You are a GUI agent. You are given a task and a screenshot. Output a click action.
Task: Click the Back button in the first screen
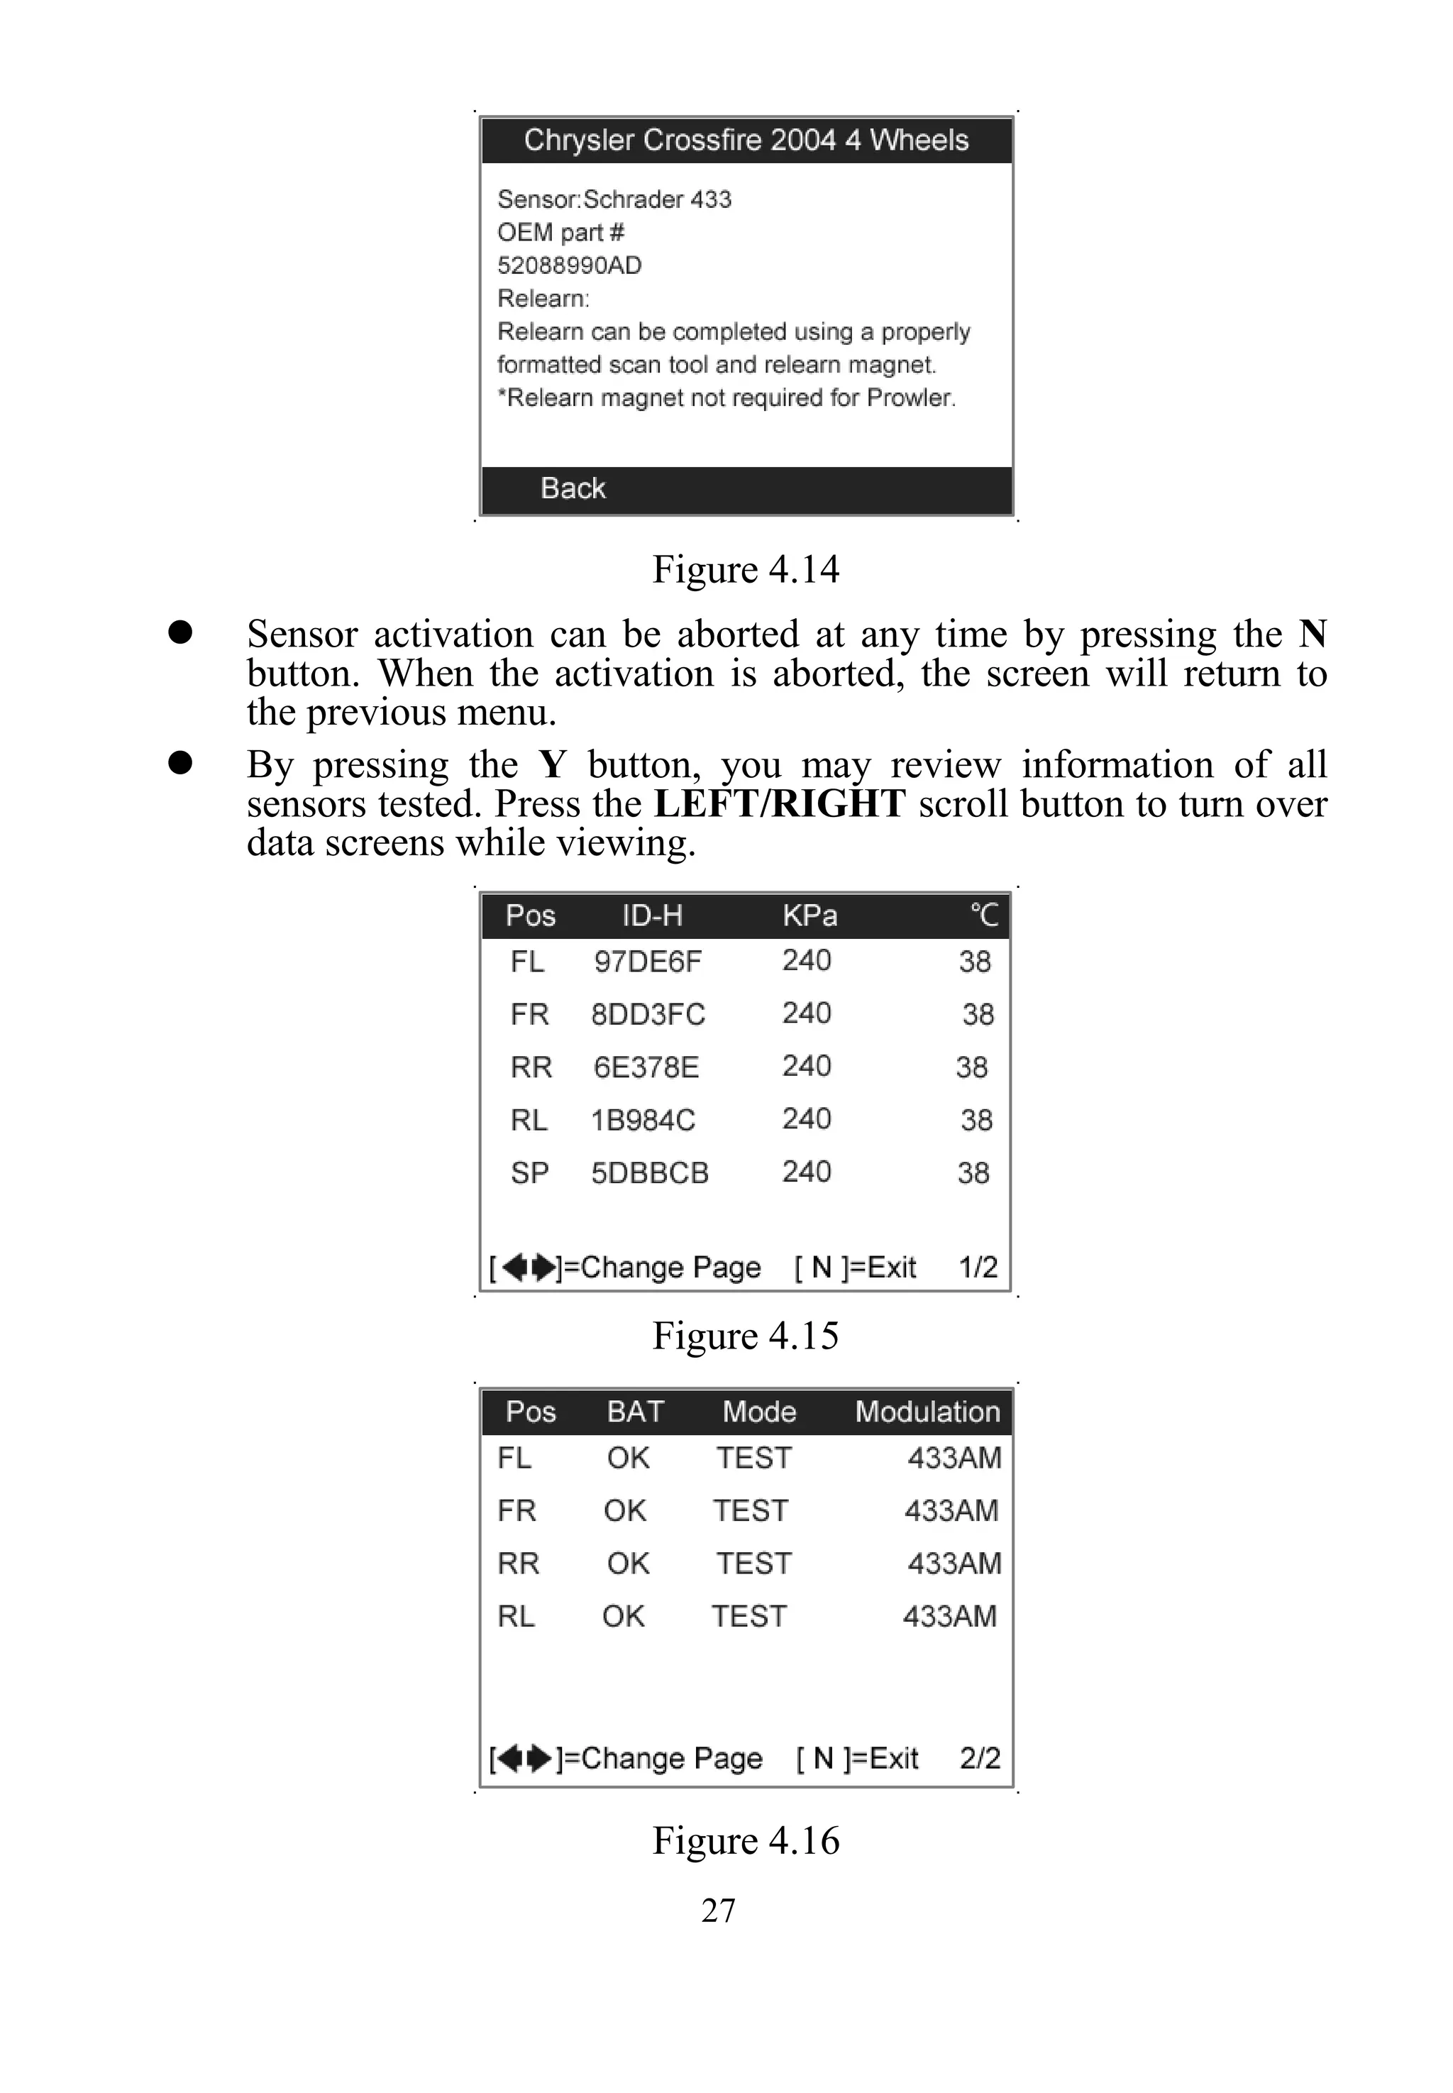[573, 489]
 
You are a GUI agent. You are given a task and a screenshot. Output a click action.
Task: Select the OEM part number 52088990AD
[569, 266]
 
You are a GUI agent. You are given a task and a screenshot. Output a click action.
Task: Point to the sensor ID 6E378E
[646, 1067]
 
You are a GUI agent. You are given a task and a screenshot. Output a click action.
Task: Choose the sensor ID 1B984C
[643, 1120]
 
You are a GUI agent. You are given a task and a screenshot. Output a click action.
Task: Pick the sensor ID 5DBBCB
[649, 1173]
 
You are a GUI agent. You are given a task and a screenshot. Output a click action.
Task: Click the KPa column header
[810, 916]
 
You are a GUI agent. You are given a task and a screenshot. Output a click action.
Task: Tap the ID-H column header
[652, 916]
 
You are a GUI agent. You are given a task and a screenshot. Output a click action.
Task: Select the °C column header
[983, 916]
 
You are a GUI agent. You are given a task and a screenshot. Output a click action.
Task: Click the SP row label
[529, 1173]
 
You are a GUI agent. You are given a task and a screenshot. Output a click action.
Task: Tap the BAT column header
[636, 1412]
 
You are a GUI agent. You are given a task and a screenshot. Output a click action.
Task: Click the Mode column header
[759, 1412]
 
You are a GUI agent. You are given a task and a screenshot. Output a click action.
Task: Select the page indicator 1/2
[978, 1268]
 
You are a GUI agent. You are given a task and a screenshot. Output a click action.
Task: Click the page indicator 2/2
[980, 1759]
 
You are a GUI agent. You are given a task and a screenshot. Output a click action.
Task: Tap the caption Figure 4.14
[746, 570]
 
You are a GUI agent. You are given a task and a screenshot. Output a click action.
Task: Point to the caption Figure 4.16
[746, 1841]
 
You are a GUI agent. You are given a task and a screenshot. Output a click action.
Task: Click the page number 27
[718, 1911]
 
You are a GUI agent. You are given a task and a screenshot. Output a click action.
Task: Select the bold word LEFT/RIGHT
[779, 804]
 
